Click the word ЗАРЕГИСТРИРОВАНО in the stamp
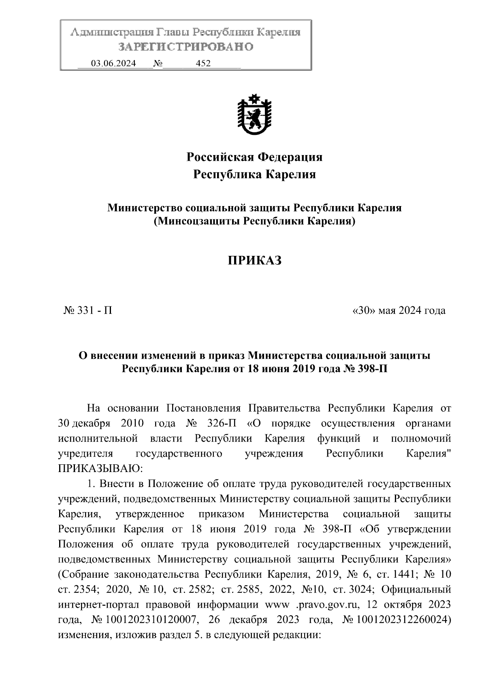point(185,47)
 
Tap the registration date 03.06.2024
point(113,64)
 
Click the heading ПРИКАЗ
point(254,261)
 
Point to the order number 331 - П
point(88,311)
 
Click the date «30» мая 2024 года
point(399,311)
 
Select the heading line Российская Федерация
point(254,157)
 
